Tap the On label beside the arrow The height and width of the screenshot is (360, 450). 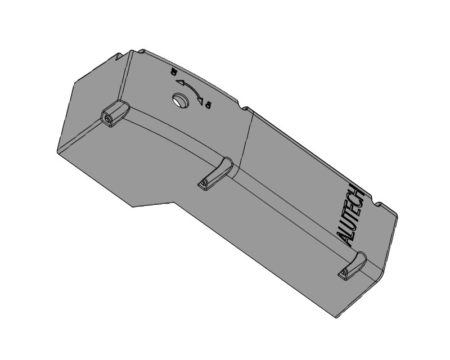pos(208,105)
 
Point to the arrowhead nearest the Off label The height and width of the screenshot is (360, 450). pos(181,82)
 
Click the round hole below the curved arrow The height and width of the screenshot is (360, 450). pos(180,101)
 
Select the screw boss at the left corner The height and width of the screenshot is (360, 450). pos(114,115)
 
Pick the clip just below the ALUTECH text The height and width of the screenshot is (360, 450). pos(353,265)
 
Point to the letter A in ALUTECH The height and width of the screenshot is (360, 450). pos(347,238)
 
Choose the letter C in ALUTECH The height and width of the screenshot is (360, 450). pos(358,202)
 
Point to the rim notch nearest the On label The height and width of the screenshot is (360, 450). pos(245,107)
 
